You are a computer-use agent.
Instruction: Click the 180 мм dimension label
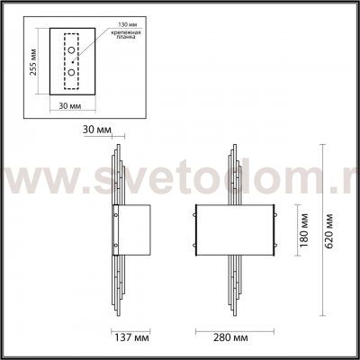point(306,229)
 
